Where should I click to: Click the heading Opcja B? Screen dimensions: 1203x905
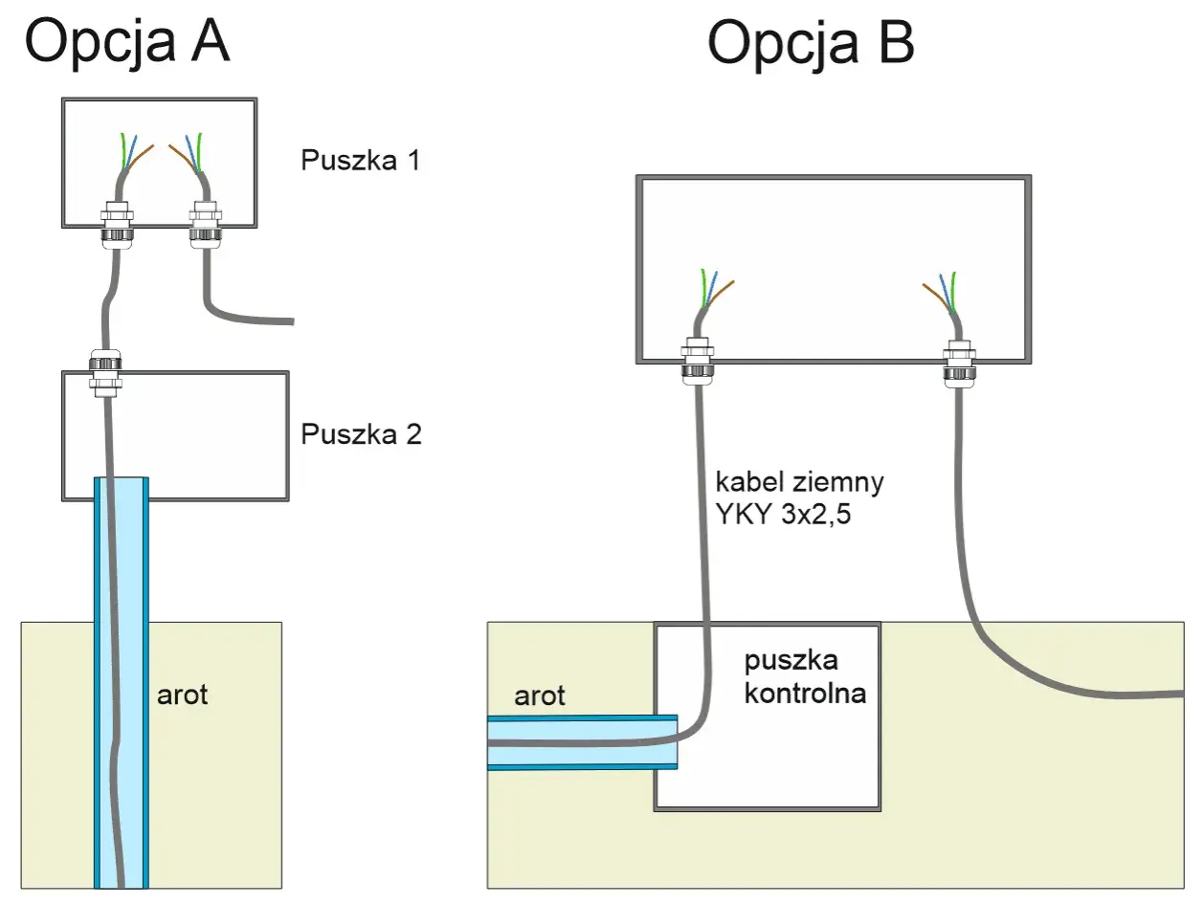pyautogui.click(x=811, y=43)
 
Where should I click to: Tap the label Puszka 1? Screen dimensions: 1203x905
pyautogui.click(x=361, y=160)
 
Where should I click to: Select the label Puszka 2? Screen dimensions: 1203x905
pyautogui.click(x=361, y=434)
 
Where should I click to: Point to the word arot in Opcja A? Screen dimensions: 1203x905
pyautogui.click(x=182, y=695)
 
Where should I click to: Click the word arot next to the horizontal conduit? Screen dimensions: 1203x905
pyautogui.click(x=540, y=695)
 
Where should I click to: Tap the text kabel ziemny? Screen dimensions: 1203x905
pyautogui.click(x=800, y=482)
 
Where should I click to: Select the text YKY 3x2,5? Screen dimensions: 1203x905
pyautogui.click(x=783, y=514)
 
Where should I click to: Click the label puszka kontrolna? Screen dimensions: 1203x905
pyautogui.click(x=805, y=676)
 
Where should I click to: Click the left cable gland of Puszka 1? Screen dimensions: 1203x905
pyautogui.click(x=117, y=225)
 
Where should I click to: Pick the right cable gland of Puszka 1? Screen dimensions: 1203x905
pyautogui.click(x=206, y=225)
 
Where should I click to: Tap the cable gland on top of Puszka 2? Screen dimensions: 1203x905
pyautogui.click(x=105, y=372)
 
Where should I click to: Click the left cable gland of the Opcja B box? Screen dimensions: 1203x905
pyautogui.click(x=697, y=361)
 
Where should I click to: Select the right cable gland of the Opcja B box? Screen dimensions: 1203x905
pyautogui.click(x=959, y=364)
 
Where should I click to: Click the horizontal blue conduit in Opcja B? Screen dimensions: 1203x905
pyautogui.click(x=583, y=742)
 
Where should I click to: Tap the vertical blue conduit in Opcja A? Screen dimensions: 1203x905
pyautogui.click(x=122, y=683)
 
